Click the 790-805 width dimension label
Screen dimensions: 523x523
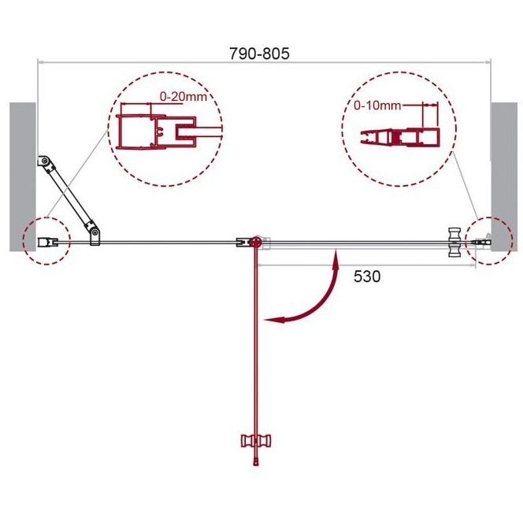pyautogui.click(x=259, y=54)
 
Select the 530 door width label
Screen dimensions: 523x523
pyautogui.click(x=366, y=276)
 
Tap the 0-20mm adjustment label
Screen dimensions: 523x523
pyautogui.click(x=183, y=97)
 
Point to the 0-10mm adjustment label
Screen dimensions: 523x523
pyautogui.click(x=377, y=106)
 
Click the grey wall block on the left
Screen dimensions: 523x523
pyautogui.click(x=23, y=176)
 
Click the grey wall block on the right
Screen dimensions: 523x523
pyautogui.click(x=504, y=176)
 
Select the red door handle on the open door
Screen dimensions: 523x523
pyautogui.click(x=256, y=441)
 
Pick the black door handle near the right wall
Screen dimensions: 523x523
pyautogui.click(x=454, y=242)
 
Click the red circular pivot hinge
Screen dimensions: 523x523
pyautogui.click(x=256, y=242)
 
